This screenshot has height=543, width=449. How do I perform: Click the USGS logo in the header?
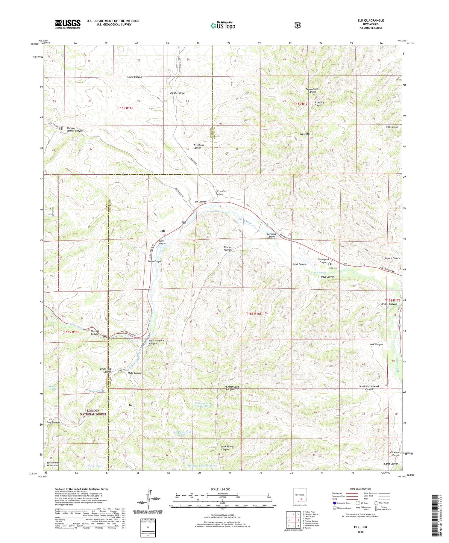pyautogui.click(x=68, y=24)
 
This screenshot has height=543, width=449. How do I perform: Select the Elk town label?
pyautogui.click(x=163, y=231)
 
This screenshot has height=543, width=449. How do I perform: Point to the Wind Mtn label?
pyautogui.click(x=305, y=134)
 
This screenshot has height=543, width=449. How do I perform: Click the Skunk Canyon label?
pyautogui.click(x=134, y=77)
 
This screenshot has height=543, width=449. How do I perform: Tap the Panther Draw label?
pyautogui.click(x=178, y=93)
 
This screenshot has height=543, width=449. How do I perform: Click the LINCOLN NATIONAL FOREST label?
pyautogui.click(x=93, y=412)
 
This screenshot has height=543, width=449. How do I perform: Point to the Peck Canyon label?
pyautogui.click(x=376, y=344)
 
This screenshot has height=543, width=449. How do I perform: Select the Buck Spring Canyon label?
pyautogui.click(x=227, y=448)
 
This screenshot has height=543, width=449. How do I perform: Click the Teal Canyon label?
pyautogui.click(x=392, y=127)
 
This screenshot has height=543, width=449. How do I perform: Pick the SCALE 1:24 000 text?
pyautogui.click(x=222, y=489)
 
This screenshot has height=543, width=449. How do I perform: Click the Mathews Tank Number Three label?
pyautogui.click(x=203, y=405)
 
